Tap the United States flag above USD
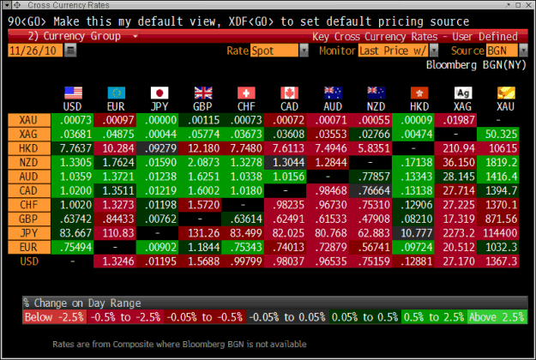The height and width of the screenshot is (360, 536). [x=72, y=93]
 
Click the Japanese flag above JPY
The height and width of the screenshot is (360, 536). [x=160, y=93]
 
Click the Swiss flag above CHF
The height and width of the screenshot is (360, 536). [x=246, y=93]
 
